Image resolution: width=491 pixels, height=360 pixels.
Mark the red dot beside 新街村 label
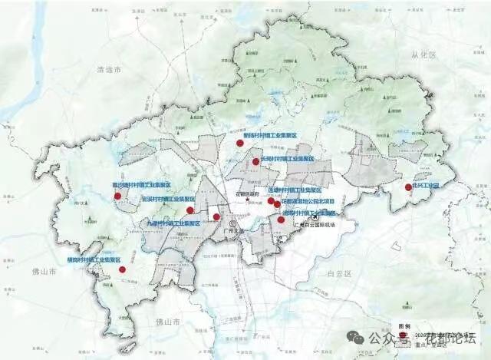239,144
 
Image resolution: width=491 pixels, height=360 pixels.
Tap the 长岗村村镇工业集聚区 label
288,159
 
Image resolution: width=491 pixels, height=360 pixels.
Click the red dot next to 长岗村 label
255,162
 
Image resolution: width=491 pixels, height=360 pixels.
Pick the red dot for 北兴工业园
408,187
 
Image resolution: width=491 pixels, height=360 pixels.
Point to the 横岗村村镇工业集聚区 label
96,261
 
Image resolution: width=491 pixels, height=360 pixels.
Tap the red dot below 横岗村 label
122,270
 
